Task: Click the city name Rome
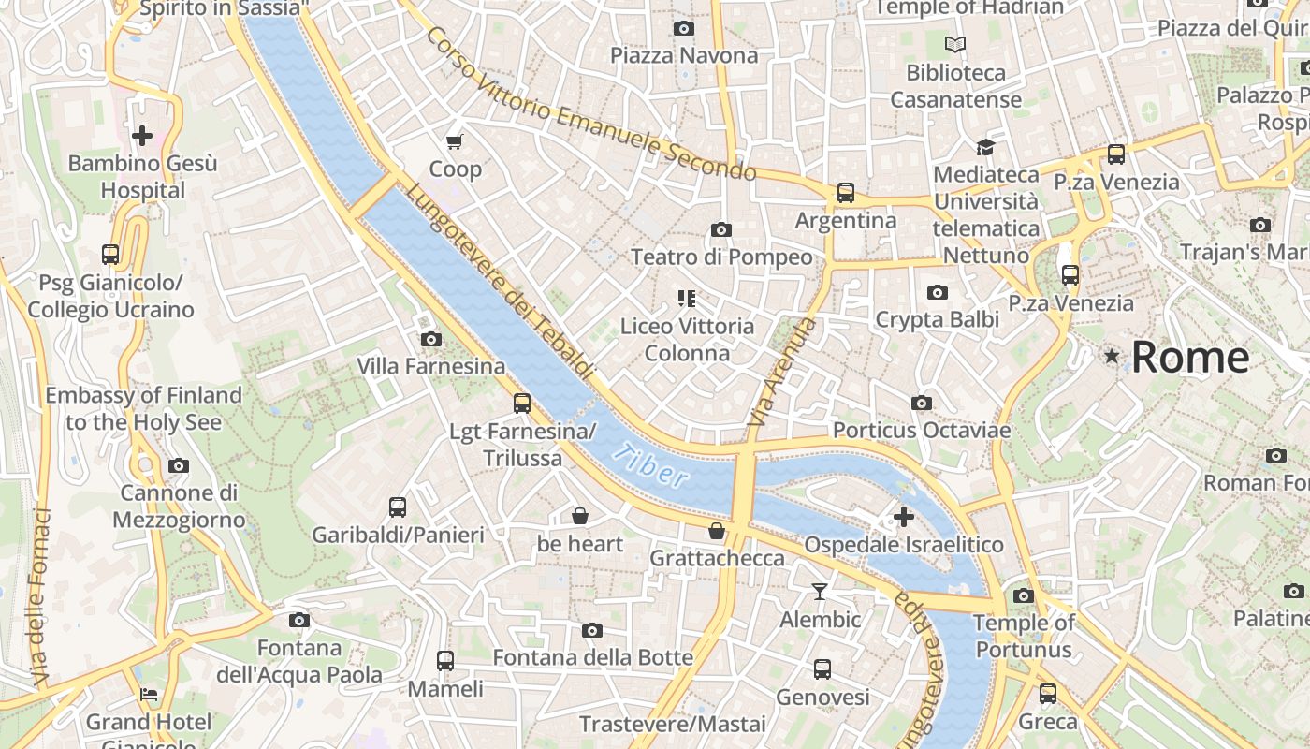pyautogui.click(x=1190, y=358)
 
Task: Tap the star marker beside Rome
pyautogui.click(x=1112, y=356)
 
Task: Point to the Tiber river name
pyautogui.click(x=651, y=466)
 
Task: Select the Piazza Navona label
pyautogui.click(x=684, y=55)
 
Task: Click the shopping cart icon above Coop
pyautogui.click(x=455, y=142)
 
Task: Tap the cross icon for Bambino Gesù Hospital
pyautogui.click(x=142, y=137)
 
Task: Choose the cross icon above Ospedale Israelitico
pyautogui.click(x=904, y=517)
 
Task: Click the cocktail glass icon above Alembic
pyautogui.click(x=820, y=592)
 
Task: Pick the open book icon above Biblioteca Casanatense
pyautogui.click(x=955, y=45)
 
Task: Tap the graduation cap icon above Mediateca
pyautogui.click(x=985, y=147)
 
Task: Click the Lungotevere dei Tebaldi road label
pyautogui.click(x=501, y=281)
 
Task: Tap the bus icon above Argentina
pyautogui.click(x=846, y=193)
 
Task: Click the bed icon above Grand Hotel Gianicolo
pyautogui.click(x=148, y=695)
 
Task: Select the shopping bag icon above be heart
pyautogui.click(x=580, y=516)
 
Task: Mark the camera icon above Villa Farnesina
pyautogui.click(x=431, y=339)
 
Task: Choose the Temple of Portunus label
pyautogui.click(x=1023, y=636)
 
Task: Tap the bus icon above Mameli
pyautogui.click(x=445, y=661)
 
